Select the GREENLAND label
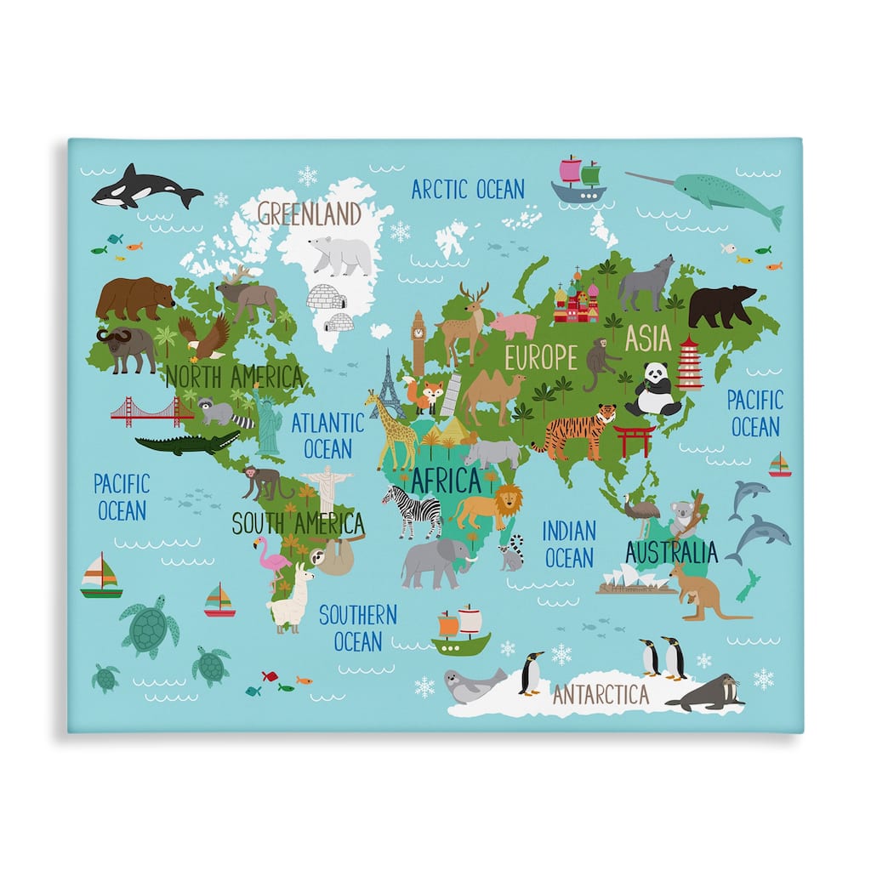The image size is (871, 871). (310, 213)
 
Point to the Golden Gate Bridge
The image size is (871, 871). (151, 413)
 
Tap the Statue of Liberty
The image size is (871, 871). (268, 423)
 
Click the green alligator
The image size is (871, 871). (189, 443)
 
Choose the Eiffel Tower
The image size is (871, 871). (388, 387)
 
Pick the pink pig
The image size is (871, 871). (515, 324)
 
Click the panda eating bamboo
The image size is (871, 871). (653, 390)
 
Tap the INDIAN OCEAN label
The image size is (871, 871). (569, 544)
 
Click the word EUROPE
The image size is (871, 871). (541, 358)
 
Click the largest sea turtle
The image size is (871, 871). (151, 627)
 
